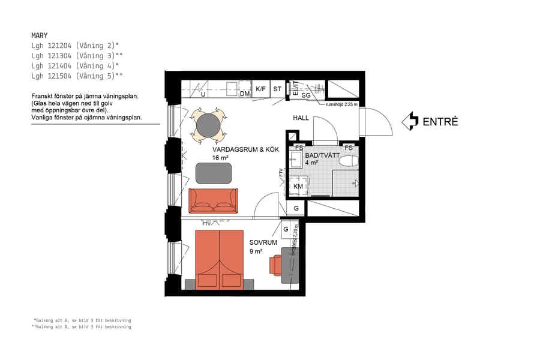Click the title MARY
coord(40,35)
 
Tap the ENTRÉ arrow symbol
coord(410,121)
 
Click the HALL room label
coord(301,118)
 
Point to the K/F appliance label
coord(260,89)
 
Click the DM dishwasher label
coord(244,94)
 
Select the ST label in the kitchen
coord(277,89)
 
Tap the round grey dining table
coord(208,125)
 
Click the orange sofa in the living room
coord(214,200)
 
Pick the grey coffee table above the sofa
coord(214,173)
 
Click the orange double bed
coord(219,259)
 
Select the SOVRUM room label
coord(263,242)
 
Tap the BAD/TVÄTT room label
coord(322,155)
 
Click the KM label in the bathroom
coord(298,187)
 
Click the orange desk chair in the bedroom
coord(275,265)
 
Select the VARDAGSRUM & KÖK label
coord(238,149)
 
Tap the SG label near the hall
coord(305,95)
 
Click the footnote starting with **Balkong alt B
coord(82,327)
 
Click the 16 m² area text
coord(220,158)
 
